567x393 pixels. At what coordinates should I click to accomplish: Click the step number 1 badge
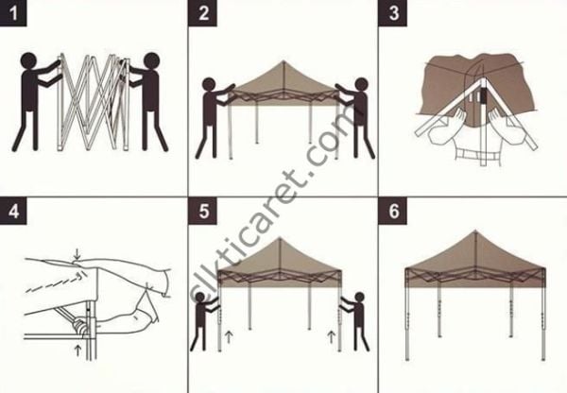(x=13, y=13)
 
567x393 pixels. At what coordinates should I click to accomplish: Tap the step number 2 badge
(x=204, y=13)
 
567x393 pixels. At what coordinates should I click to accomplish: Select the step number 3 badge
(x=393, y=13)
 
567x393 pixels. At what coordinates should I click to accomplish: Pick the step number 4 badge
(x=13, y=210)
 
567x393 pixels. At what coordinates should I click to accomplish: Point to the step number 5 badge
(x=204, y=210)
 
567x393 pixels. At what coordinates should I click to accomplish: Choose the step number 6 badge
(x=393, y=210)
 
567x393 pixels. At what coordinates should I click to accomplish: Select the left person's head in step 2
(x=210, y=86)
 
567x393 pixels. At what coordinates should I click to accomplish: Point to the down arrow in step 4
(x=76, y=253)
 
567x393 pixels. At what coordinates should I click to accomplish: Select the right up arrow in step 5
(x=332, y=333)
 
